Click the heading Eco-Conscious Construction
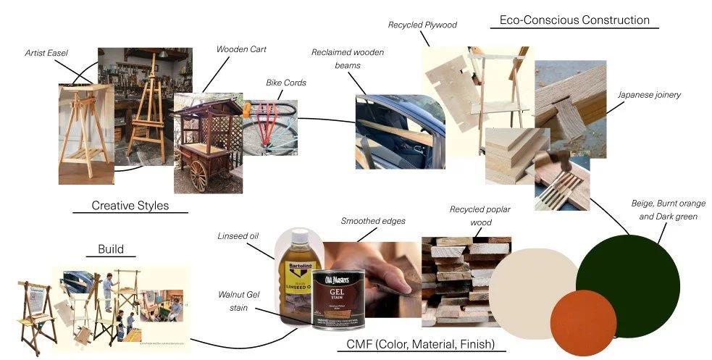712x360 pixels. pyautogui.click(x=574, y=20)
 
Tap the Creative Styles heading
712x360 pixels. pyautogui.click(x=130, y=206)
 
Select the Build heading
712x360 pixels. pyautogui.click(x=111, y=249)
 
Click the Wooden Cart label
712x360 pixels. pyautogui.click(x=241, y=49)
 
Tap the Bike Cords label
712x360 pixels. pyautogui.click(x=286, y=83)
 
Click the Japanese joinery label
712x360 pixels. pyautogui.click(x=649, y=94)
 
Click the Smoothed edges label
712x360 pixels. pyautogui.click(x=373, y=220)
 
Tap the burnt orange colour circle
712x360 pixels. pyautogui.click(x=583, y=323)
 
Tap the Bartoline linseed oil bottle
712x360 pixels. pyautogui.click(x=296, y=275)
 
